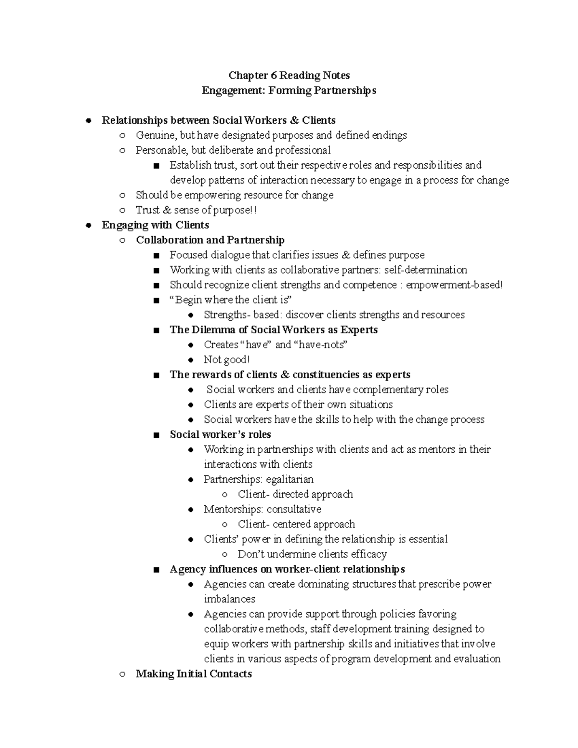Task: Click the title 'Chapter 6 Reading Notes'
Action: coord(289,75)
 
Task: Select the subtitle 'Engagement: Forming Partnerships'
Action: coord(289,90)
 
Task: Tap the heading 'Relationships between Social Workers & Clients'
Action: coord(218,120)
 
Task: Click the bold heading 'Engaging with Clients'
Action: coord(155,225)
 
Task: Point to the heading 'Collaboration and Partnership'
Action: coord(210,240)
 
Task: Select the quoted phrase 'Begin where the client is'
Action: coord(231,300)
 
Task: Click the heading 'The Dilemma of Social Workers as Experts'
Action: coord(273,329)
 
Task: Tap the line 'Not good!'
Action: coord(226,359)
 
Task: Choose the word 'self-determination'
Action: coord(425,270)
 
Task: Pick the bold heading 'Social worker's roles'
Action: coord(220,434)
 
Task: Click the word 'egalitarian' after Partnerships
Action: coord(289,479)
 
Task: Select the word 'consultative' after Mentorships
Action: coord(294,509)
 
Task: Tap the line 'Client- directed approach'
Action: coord(295,494)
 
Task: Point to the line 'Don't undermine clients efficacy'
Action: coord(312,554)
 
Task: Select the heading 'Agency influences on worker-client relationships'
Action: coord(287,569)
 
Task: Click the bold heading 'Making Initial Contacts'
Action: coord(194,673)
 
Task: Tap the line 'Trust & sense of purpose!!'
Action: coord(196,210)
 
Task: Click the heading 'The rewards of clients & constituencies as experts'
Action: coord(290,374)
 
